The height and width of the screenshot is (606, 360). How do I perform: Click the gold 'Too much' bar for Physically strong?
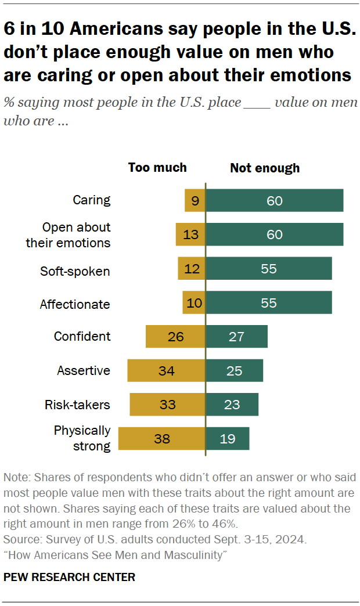pyautogui.click(x=162, y=439)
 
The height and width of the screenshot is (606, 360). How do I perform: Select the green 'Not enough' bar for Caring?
pyautogui.click(x=274, y=200)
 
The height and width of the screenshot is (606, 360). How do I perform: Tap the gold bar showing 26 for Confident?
pyautogui.click(x=175, y=337)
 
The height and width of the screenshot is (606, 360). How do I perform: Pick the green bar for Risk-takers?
pyautogui.click(x=232, y=405)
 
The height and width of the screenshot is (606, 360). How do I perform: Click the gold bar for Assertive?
pyautogui.click(x=166, y=370)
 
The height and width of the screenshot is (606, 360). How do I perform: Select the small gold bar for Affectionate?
pyautogui.click(x=194, y=303)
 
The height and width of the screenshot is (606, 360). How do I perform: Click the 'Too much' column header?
pyautogui.click(x=157, y=168)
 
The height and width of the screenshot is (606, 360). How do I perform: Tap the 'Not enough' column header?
pyautogui.click(x=265, y=168)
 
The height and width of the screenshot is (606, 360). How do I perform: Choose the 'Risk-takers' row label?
pyautogui.click(x=78, y=405)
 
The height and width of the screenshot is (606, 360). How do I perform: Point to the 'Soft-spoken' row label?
pyautogui.click(x=75, y=271)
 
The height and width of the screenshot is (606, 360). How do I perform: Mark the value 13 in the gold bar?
pyautogui.click(x=190, y=235)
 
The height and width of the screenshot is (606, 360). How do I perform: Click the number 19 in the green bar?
pyautogui.click(x=228, y=439)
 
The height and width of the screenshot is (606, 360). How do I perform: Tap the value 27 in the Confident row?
pyautogui.click(x=236, y=337)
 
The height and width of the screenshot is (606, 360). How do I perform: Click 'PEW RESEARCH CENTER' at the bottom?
pyautogui.click(x=69, y=577)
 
